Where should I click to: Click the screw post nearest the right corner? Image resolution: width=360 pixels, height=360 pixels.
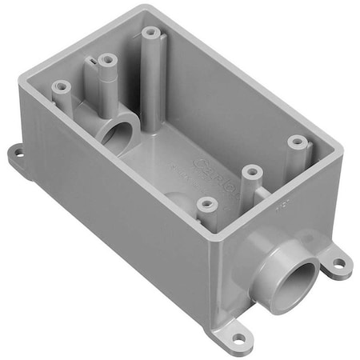(297, 142)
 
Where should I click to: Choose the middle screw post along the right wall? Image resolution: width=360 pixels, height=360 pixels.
(251, 170)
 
